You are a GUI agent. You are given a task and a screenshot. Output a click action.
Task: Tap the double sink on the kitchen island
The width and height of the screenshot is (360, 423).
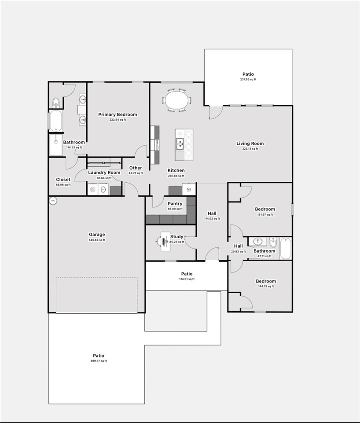click(x=180, y=142)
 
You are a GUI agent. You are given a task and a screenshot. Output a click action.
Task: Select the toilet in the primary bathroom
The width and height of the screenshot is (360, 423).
click(x=56, y=103)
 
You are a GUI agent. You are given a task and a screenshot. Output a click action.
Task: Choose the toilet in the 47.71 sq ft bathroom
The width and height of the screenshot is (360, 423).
click(x=273, y=243)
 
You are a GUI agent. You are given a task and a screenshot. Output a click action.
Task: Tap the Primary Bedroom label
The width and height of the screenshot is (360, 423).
click(x=118, y=114)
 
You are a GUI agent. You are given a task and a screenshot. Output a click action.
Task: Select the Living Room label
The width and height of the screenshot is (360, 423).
click(x=250, y=143)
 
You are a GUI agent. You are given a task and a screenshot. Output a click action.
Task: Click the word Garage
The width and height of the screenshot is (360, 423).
click(x=97, y=235)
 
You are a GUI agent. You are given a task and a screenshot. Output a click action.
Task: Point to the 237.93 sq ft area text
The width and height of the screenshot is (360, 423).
click(x=248, y=80)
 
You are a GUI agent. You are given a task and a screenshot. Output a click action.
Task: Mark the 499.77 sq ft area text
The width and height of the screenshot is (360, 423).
click(x=99, y=361)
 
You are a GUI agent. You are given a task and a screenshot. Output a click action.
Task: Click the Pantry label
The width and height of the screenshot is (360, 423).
click(x=175, y=204)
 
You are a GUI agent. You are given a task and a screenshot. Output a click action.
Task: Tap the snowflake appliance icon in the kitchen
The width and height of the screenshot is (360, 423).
click(x=189, y=190)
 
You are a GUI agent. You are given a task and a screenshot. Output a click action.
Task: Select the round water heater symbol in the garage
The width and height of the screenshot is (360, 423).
click(x=53, y=201)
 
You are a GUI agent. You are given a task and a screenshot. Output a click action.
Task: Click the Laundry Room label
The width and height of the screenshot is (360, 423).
click(x=104, y=173)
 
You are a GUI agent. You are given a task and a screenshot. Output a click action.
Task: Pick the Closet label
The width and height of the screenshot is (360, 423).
click(x=63, y=180)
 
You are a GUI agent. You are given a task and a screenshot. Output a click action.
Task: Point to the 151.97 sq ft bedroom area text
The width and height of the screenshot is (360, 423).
click(x=265, y=215)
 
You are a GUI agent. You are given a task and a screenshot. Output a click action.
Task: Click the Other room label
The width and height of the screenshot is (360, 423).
click(x=136, y=168)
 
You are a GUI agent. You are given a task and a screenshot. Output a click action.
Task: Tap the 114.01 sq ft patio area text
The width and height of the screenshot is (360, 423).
click(x=187, y=279)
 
